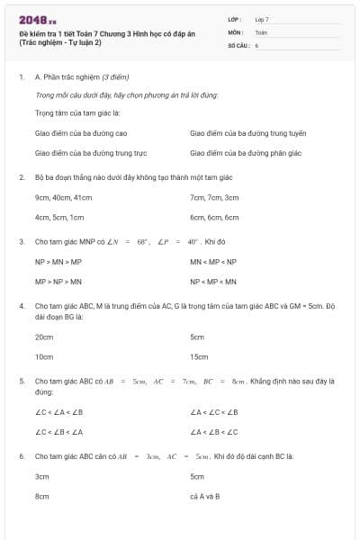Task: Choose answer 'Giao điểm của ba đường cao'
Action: click(x=74, y=132)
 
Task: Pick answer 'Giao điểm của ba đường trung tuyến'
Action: click(x=248, y=132)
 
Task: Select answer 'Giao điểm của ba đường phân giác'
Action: click(x=246, y=153)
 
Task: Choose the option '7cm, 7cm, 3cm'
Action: click(x=214, y=197)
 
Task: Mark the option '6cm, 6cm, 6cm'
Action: click(x=214, y=217)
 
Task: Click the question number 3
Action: click(x=22, y=241)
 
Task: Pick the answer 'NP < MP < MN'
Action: click(x=212, y=281)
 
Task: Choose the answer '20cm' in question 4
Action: click(x=43, y=337)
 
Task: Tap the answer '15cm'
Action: click(x=199, y=356)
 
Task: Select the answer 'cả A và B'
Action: click(x=205, y=496)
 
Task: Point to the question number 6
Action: click(x=22, y=456)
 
